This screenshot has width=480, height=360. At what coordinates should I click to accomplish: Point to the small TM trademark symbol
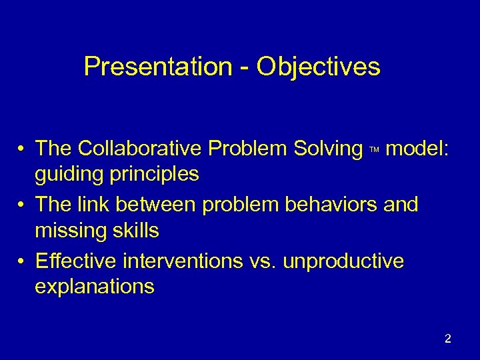374,151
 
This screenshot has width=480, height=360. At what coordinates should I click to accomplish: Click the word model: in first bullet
417,149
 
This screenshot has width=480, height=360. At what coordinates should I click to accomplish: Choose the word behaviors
333,205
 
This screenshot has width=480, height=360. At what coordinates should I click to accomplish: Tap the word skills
137,231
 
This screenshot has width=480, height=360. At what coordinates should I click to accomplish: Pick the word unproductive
343,261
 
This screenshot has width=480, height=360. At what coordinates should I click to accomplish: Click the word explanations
95,287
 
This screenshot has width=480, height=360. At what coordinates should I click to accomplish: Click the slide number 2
447,339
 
